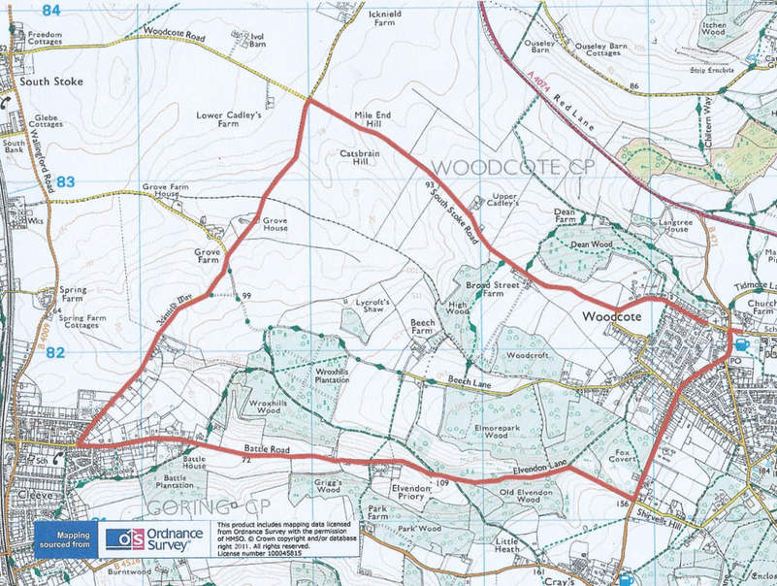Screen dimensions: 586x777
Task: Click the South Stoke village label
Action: click(49, 81)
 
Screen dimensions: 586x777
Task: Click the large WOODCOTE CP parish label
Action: click(498, 168)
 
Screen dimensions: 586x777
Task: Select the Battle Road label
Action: click(268, 450)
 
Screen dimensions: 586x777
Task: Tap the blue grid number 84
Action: click(51, 11)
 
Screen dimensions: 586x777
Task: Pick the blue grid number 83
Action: click(65, 181)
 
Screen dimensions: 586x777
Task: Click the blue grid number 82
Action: click(54, 353)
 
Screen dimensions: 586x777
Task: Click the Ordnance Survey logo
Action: click(147, 539)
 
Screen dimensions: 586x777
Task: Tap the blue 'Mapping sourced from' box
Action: click(66, 538)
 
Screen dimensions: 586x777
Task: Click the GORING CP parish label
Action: click(195, 507)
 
